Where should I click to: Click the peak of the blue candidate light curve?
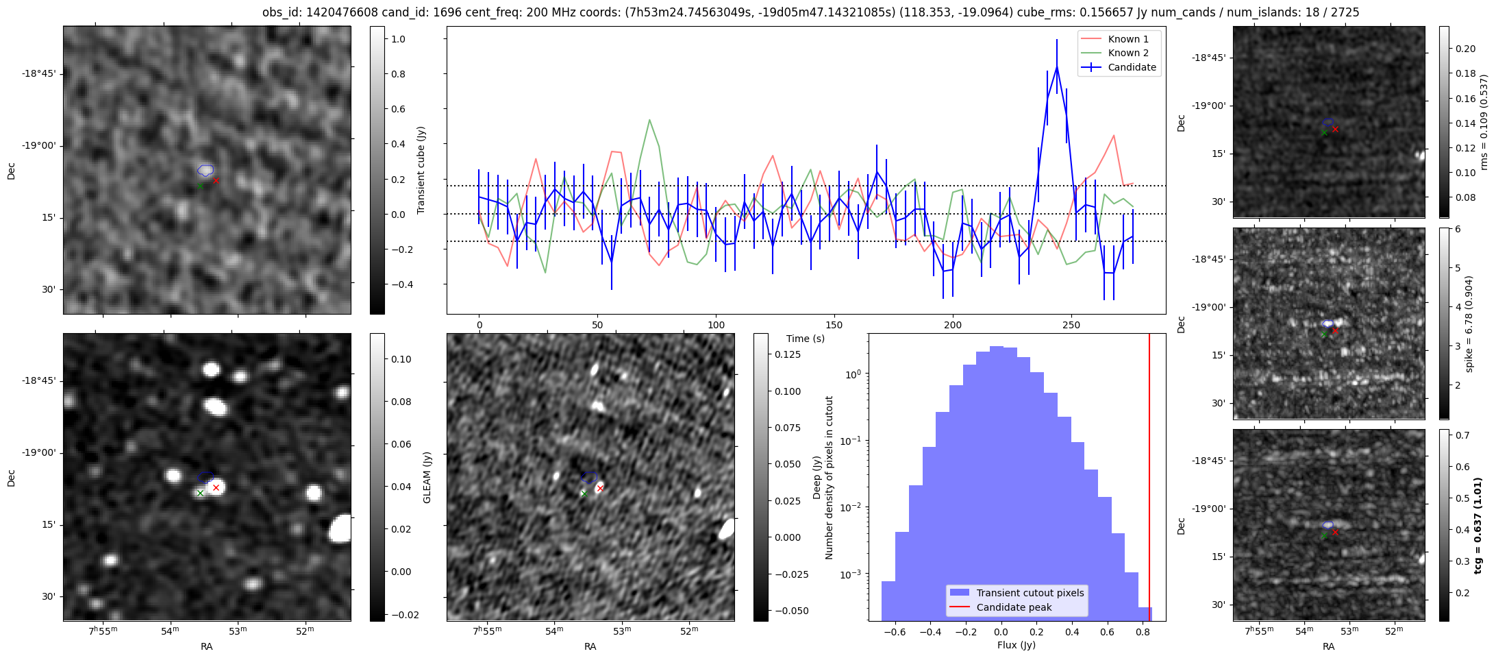(x=1057, y=67)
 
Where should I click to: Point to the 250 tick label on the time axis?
(x=1071, y=325)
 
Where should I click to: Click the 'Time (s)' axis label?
(x=806, y=339)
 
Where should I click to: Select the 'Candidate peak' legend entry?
(x=1014, y=607)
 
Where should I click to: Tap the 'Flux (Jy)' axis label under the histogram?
(x=1017, y=645)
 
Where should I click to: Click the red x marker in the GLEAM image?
(x=216, y=488)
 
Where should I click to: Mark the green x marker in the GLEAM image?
(x=200, y=493)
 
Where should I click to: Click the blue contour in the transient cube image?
(x=205, y=170)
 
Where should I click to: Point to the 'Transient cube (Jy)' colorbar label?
(x=421, y=170)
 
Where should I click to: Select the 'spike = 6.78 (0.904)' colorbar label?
(x=1469, y=324)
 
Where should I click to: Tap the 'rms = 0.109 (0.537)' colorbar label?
(x=1484, y=122)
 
